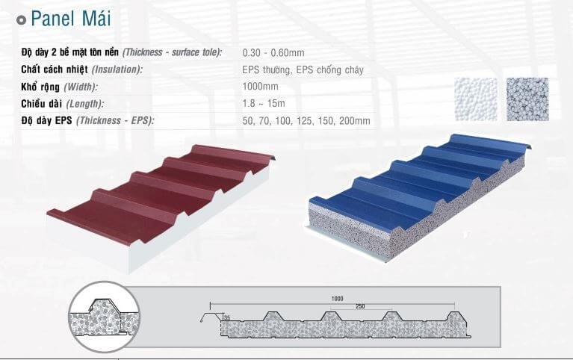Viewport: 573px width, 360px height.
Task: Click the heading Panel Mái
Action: [70, 19]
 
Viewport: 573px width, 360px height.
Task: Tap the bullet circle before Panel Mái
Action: [22, 19]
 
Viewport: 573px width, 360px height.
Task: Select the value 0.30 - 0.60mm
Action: [273, 52]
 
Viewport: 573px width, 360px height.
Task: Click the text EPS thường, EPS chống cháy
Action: [303, 69]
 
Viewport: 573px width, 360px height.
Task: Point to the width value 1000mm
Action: [260, 87]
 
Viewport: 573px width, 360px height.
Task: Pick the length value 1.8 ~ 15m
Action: [264, 103]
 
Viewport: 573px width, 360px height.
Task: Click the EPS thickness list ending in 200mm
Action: [306, 120]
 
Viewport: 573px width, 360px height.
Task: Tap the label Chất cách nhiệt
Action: [55, 69]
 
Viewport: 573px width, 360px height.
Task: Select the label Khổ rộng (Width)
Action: [60, 87]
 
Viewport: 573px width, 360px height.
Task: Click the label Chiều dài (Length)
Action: [63, 104]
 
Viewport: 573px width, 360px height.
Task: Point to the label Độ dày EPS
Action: [46, 120]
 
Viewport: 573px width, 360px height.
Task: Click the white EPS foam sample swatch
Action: [476, 99]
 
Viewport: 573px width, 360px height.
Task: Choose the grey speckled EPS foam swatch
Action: [527, 99]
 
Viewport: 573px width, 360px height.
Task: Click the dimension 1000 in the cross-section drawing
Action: [337, 299]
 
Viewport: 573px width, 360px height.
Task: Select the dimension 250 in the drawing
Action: [360, 306]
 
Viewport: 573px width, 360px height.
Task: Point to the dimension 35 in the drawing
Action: [227, 317]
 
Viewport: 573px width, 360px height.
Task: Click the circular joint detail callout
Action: [104, 317]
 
